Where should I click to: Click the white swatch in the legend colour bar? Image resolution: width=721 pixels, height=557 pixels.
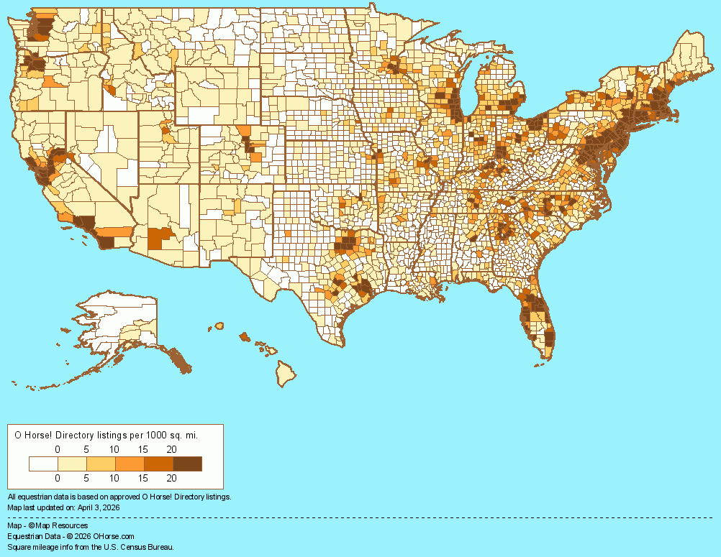pos(43,464)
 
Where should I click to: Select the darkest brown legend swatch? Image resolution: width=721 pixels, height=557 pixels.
pos(187,464)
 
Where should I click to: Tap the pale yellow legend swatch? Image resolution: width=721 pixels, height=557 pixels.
pos(72,464)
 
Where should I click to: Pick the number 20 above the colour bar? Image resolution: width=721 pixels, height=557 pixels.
pos(171,449)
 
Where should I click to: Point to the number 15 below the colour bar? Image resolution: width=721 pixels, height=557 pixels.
pos(142,477)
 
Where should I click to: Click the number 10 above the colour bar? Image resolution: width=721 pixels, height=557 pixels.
pos(114,449)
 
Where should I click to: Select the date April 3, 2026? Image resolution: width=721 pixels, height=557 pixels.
pos(96,507)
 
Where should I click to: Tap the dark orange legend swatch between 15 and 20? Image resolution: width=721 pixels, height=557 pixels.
pos(158,464)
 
